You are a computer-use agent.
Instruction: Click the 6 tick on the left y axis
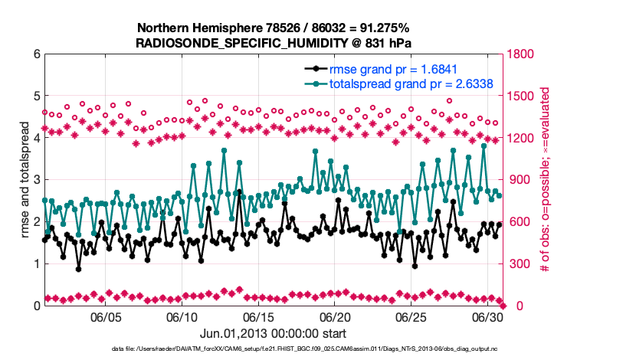[36, 54]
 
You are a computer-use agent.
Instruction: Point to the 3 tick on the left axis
[36, 180]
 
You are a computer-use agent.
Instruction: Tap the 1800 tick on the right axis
[520, 54]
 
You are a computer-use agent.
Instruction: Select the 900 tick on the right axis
[517, 180]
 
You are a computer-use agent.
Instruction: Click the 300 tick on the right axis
[517, 264]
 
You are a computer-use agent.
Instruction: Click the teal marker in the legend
[314, 83]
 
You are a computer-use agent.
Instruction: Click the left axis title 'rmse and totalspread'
[25, 179]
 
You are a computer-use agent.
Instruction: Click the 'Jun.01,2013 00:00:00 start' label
[273, 333]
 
